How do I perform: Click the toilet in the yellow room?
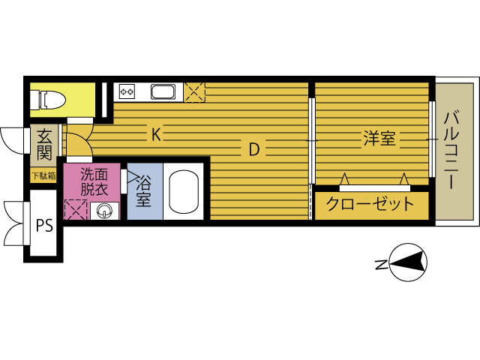pyautogui.click(x=48, y=100)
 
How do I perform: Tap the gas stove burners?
pyautogui.click(x=127, y=91)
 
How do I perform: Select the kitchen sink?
pyautogui.click(x=163, y=91)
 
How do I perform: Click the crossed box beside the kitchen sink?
pyautogui.click(x=194, y=92)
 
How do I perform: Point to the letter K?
pyautogui.click(x=156, y=134)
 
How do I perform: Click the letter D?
pyautogui.click(x=254, y=149)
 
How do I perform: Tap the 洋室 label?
pyautogui.click(x=379, y=138)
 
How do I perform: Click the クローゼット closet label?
pyautogui.click(x=370, y=203)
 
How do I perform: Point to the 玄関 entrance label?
pyautogui.click(x=44, y=145)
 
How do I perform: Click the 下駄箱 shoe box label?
pyautogui.click(x=43, y=176)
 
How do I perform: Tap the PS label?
pyautogui.click(x=45, y=225)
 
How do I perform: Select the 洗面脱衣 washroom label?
pyautogui.click(x=94, y=182)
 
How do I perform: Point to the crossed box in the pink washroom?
pyautogui.click(x=76, y=210)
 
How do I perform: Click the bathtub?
pyautogui.click(x=184, y=192)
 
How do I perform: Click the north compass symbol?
pyautogui.click(x=408, y=262)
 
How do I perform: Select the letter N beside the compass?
pyautogui.click(x=382, y=265)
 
